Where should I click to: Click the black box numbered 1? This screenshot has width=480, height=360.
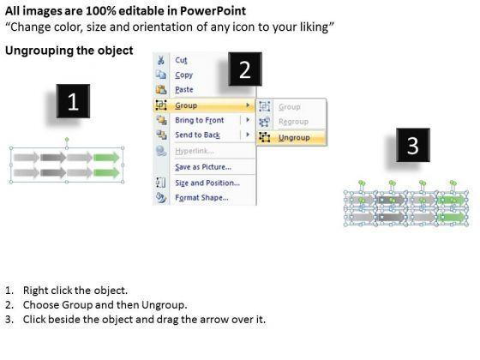point(73,101)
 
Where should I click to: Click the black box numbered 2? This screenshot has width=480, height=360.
point(245,69)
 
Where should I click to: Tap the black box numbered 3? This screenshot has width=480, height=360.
point(412,145)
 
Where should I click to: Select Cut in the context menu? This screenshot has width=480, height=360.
point(181,60)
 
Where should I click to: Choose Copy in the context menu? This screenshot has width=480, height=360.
point(183,75)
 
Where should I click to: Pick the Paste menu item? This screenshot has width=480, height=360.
point(184,90)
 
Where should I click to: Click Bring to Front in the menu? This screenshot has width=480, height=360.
point(199,120)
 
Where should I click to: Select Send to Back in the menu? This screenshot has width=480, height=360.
point(197,135)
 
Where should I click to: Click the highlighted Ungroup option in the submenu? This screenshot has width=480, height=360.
point(294,137)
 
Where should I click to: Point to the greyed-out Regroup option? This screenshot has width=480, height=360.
point(293,122)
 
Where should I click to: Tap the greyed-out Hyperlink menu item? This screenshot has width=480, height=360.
point(195,151)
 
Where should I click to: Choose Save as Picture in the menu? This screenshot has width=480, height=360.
point(203,167)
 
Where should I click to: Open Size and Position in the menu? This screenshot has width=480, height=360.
point(207,183)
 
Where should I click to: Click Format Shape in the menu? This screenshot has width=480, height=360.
point(201,198)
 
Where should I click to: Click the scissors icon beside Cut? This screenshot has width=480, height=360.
point(161,60)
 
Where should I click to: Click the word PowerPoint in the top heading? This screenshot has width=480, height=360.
point(213,11)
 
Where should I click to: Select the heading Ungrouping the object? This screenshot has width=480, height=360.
point(69,51)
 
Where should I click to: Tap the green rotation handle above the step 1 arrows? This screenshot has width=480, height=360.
point(67,140)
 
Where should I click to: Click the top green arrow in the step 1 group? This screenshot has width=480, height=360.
point(106,158)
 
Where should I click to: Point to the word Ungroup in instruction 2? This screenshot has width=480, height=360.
point(163,305)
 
